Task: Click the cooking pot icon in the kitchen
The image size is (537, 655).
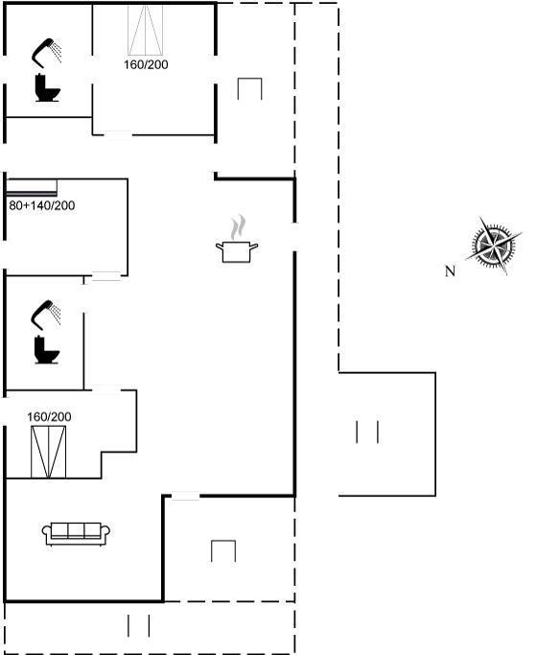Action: point(237,251)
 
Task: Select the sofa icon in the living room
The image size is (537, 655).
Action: point(76,534)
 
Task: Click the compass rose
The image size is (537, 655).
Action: point(494,246)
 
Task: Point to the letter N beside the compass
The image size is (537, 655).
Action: point(450,271)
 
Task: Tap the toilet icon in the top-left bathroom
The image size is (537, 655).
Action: point(48,87)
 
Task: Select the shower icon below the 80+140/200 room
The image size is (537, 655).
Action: point(46,313)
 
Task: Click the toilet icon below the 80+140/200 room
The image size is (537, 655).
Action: point(46,350)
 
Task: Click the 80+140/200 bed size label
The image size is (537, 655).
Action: point(42,205)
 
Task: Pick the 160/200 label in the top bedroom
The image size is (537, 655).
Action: point(146,64)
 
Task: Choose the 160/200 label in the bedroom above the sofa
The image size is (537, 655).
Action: point(49,416)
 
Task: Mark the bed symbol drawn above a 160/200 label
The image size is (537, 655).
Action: point(146,29)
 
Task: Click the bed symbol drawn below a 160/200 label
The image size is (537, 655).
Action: point(49,452)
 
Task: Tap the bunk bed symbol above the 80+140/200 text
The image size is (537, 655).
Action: point(32,188)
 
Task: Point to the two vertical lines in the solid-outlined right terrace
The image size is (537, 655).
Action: point(367,432)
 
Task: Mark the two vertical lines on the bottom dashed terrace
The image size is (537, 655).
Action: point(139,625)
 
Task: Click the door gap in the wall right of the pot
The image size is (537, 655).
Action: point(294,237)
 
